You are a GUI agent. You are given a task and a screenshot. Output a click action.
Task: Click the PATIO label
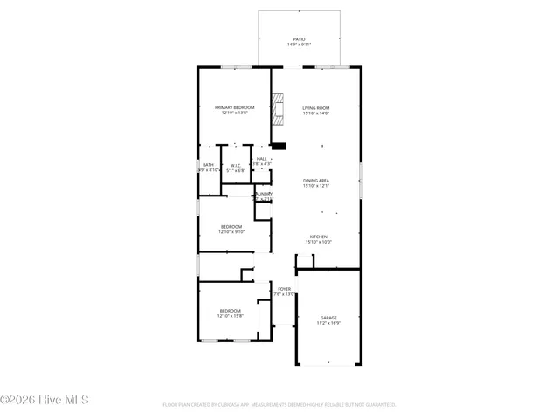point(299,38)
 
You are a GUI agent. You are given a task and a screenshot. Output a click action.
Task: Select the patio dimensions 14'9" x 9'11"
point(299,45)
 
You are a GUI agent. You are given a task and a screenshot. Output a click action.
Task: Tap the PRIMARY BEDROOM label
point(234,106)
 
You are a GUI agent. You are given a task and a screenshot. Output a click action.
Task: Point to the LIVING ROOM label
point(315,107)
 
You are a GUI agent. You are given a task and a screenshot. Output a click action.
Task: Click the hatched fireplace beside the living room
point(278,111)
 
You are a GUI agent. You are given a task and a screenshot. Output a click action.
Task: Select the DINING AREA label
point(315,180)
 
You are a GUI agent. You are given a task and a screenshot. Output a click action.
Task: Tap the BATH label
point(208,165)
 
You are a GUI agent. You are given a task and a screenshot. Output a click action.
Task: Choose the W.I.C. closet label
point(235,165)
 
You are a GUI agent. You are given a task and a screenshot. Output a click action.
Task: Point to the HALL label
point(261,159)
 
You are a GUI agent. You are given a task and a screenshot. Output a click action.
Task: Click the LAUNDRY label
point(263,194)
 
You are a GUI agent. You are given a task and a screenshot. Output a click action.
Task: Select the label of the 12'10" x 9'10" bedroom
point(231,227)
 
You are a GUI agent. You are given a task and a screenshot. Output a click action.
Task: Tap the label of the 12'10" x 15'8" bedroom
point(231,311)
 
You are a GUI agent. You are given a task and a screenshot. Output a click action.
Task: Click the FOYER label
point(284,288)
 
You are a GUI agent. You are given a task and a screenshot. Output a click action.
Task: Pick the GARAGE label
point(328,318)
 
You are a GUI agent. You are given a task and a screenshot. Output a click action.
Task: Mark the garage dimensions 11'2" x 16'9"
point(328,324)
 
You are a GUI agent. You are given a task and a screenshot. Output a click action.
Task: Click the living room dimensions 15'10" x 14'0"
point(315,113)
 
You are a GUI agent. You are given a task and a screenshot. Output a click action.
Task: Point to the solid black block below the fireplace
point(278,146)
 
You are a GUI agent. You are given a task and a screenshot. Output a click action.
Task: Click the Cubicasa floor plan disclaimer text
point(279,405)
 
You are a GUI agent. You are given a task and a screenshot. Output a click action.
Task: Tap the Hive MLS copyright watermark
point(45,401)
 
